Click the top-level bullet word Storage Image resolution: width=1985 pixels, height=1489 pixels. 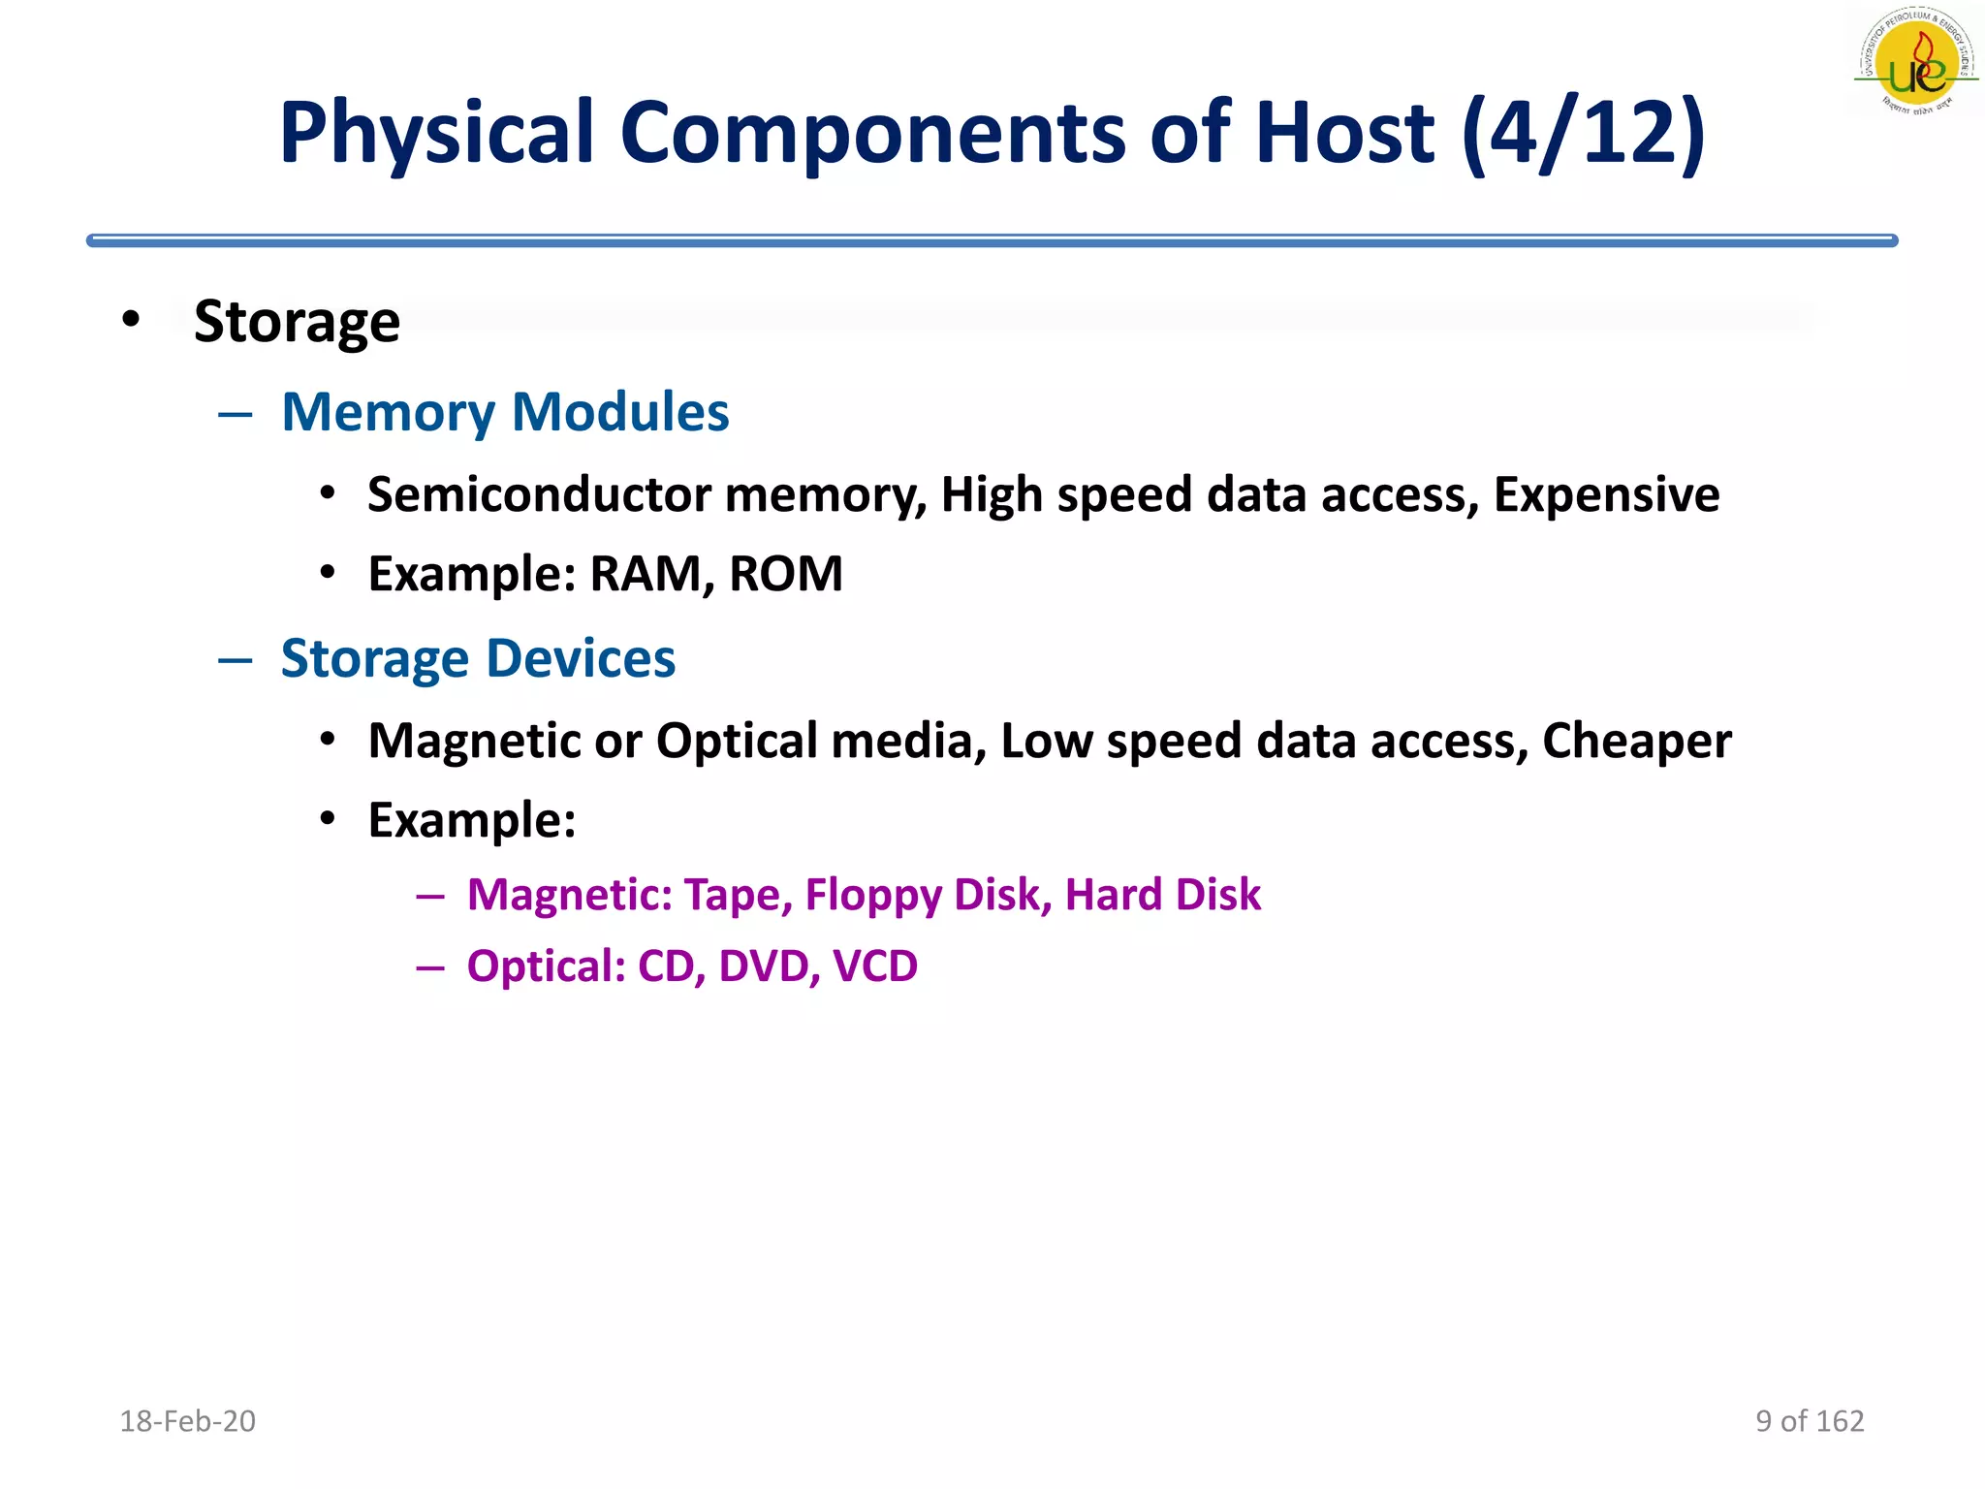tap(297, 322)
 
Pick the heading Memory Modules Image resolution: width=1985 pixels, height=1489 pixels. tap(505, 412)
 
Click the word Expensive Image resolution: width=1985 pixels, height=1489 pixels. tap(1606, 494)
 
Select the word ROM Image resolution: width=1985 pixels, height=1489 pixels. tap(785, 574)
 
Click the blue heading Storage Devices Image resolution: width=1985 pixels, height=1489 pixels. tap(478, 659)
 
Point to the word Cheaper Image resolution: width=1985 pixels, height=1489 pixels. tap(1636, 742)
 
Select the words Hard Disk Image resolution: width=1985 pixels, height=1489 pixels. tap(1162, 895)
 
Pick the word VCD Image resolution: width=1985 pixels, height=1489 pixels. tap(874, 966)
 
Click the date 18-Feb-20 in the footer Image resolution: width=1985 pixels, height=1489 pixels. tap(187, 1421)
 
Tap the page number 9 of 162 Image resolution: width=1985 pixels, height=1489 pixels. tap(1810, 1421)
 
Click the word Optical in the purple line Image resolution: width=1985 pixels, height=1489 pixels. tap(546, 966)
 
